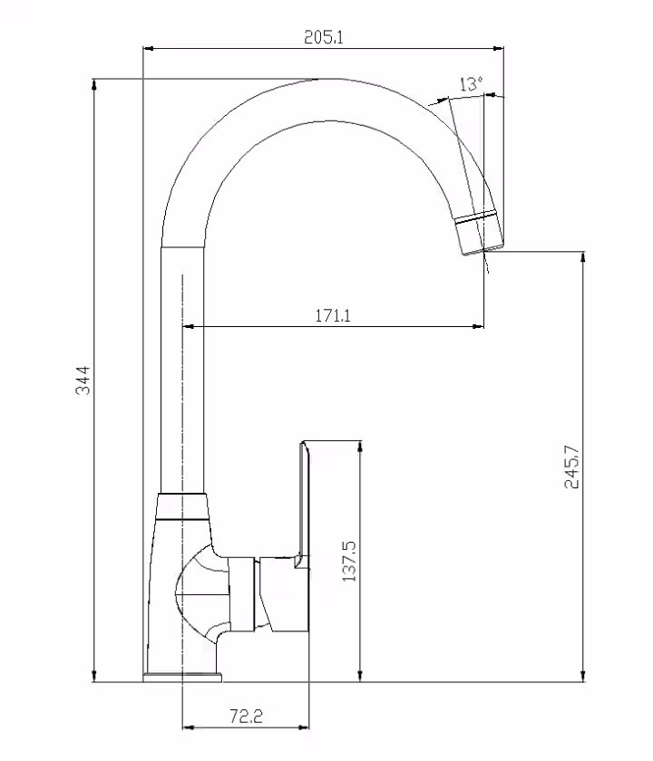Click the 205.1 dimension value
pos(324,37)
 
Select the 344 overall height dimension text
pos(83,380)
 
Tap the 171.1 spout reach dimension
pos(333,316)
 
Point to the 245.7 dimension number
pos(572,467)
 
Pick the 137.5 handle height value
pos(349,561)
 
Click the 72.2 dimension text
pos(246,716)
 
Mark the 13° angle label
pos(472,84)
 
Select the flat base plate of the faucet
pos(182,678)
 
